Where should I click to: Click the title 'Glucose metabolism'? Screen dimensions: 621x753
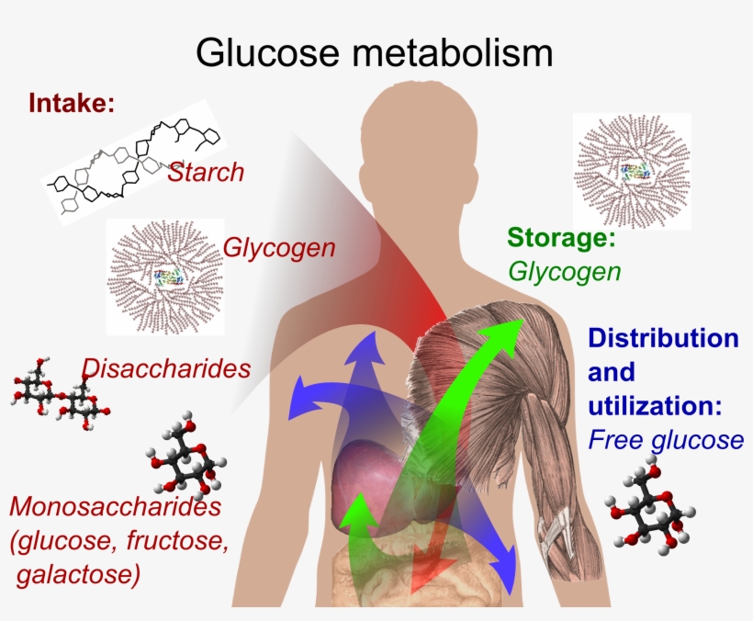coord(375,52)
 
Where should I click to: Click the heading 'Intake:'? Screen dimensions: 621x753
coord(73,102)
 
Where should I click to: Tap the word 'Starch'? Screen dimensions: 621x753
coord(206,172)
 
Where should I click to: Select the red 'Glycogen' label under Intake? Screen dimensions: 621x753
coord(278,248)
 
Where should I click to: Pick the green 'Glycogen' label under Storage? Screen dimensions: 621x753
coord(564,272)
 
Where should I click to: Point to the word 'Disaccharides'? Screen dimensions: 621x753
coord(166,368)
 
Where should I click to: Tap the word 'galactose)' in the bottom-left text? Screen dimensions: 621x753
coord(79,576)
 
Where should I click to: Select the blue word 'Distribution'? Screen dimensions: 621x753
coord(663,337)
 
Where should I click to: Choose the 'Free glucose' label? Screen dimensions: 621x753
coord(665,440)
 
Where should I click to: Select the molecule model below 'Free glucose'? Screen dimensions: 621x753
coord(649,511)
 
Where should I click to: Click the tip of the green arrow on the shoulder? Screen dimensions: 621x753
coord(519,323)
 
